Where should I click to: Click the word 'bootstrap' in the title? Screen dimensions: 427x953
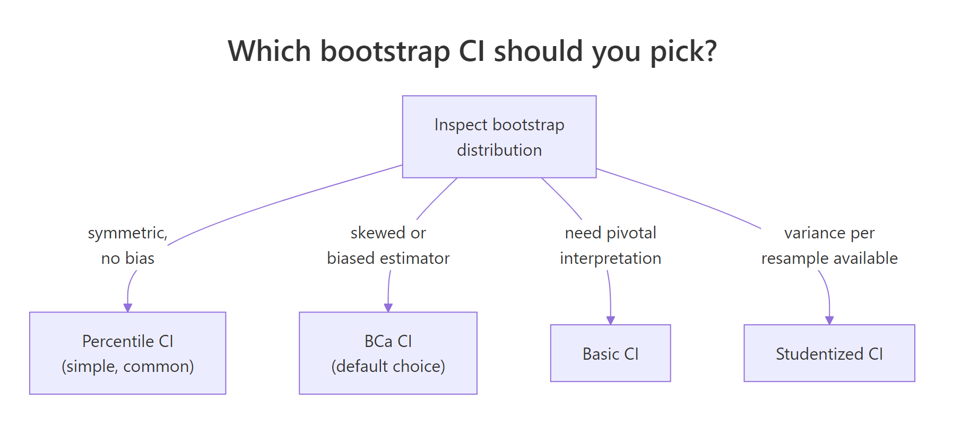pyautogui.click(x=385, y=51)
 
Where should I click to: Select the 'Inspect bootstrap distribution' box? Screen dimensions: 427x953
pyautogui.click(x=499, y=137)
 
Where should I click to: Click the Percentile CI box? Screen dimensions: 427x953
pyautogui.click(x=127, y=353)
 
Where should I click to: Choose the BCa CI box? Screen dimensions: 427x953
pyautogui.click(x=388, y=353)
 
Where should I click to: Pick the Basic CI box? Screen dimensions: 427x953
pyautogui.click(x=610, y=353)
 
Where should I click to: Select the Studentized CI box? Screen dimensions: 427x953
pyautogui.click(x=829, y=353)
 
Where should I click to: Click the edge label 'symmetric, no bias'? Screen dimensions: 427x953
pyautogui.click(x=128, y=245)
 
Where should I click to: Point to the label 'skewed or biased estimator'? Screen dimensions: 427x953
pyautogui.click(x=388, y=245)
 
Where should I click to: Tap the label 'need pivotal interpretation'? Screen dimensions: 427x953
pyautogui.click(x=610, y=245)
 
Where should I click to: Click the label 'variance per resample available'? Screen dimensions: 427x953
pyautogui.click(x=829, y=245)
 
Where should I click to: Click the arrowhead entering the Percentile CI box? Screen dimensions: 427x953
pyautogui.click(x=127, y=308)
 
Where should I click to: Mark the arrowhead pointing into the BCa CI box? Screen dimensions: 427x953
pyautogui.click(x=388, y=308)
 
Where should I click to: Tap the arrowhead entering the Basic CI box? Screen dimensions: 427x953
pyautogui.click(x=610, y=321)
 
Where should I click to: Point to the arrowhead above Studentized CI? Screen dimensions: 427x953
pyautogui.click(x=829, y=321)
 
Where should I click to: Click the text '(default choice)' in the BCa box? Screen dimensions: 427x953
pyautogui.click(x=388, y=366)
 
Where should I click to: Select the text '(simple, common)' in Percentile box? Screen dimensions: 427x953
pyautogui.click(x=127, y=366)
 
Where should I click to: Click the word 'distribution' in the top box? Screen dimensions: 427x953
pyautogui.click(x=499, y=150)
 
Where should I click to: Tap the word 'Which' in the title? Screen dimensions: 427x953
pyautogui.click(x=269, y=51)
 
